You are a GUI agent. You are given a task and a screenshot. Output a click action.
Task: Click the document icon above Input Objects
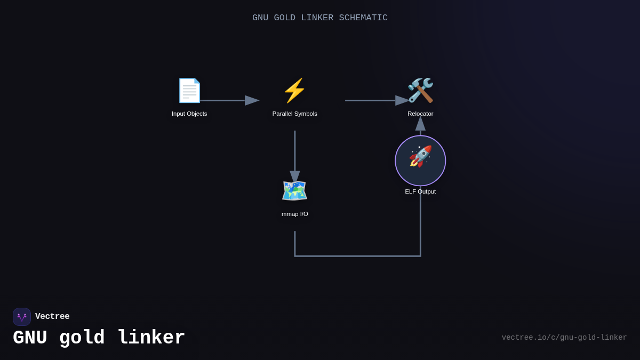pos(189,90)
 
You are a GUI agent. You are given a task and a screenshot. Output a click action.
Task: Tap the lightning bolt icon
pos(294,90)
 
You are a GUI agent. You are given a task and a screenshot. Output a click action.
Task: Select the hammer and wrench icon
pos(420,90)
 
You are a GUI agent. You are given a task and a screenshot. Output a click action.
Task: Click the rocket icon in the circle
pos(420,157)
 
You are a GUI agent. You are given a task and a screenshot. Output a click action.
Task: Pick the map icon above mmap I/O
pos(294,190)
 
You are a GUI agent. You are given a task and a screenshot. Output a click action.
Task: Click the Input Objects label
pos(189,114)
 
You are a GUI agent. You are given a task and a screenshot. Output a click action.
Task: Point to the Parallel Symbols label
pos(294,114)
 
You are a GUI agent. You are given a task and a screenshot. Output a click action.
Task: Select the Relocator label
pos(420,114)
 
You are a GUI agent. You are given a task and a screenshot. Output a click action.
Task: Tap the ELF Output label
pos(420,191)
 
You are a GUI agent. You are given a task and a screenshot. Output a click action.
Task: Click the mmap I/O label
pos(294,214)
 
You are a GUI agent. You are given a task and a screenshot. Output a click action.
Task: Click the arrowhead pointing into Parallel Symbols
pos(252,100)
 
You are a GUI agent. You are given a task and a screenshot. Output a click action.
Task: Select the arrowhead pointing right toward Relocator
pos(402,100)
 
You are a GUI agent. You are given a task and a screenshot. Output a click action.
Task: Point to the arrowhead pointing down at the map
pos(295,177)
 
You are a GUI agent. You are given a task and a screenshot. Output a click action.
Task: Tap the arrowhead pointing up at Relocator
pos(420,123)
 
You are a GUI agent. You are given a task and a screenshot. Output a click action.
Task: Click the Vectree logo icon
pos(22,317)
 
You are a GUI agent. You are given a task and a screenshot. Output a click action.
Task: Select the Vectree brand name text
pos(52,317)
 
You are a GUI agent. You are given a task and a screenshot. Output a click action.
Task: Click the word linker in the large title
pos(151,338)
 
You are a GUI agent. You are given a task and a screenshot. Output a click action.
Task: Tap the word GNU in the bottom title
pos(30,338)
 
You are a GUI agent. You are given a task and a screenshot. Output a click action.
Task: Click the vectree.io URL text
pos(564,338)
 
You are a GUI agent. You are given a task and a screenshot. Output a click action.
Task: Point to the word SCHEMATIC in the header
pos(363,18)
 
